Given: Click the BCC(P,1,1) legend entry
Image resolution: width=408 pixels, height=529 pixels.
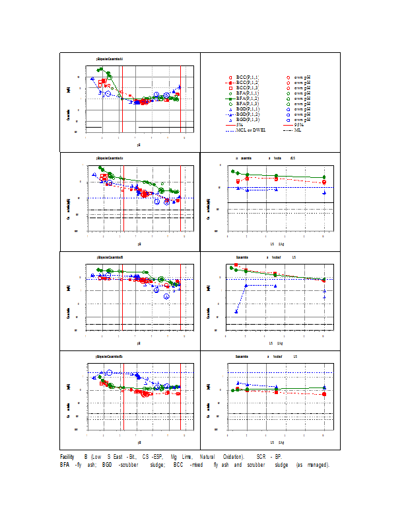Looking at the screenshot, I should [x=247, y=77].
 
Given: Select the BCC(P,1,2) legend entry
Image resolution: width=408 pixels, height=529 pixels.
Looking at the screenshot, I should [x=247, y=83].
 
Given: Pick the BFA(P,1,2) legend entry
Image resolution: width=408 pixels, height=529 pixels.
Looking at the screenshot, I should [x=247, y=99].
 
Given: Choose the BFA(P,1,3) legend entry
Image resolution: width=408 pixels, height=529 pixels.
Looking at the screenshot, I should [x=247, y=104].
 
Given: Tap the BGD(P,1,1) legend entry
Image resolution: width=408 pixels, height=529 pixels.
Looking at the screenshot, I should [x=247, y=109].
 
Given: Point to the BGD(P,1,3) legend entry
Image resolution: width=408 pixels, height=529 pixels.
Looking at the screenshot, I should [x=247, y=120].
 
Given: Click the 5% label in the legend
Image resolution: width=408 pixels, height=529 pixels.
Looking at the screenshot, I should [x=239, y=125].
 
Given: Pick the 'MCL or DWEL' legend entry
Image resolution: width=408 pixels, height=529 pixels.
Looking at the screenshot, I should [x=250, y=130].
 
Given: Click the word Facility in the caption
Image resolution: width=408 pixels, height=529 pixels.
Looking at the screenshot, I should [x=67, y=457].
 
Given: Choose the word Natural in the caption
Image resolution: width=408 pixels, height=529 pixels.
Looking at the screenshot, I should [x=205, y=457].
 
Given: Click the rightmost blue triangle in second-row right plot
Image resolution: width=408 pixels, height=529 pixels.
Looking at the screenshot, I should [x=324, y=192].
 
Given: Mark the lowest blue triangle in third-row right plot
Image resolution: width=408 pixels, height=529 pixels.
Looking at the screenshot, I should [x=236, y=311].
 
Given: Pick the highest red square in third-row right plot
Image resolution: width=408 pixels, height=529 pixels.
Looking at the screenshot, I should [x=236, y=264].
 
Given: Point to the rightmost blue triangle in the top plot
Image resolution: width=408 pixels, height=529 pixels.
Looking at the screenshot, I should [x=180, y=87].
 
